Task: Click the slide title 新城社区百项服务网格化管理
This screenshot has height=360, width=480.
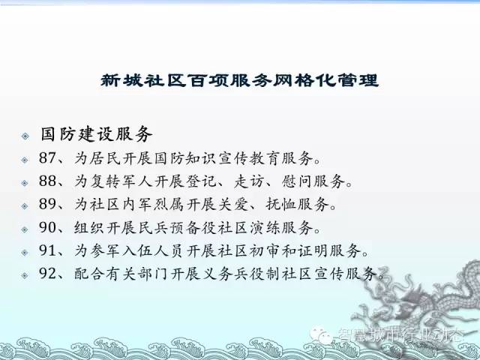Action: click(240, 80)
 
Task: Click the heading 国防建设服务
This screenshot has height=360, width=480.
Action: click(97, 134)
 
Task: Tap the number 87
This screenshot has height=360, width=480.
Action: click(47, 158)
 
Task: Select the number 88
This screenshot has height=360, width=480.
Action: click(47, 181)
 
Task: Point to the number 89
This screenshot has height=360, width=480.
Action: click(47, 204)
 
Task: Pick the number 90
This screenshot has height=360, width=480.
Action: click(47, 227)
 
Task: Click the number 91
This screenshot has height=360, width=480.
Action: click(47, 250)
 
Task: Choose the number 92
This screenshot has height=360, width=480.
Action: click(47, 273)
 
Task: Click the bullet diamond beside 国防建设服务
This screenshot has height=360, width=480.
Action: click(25, 136)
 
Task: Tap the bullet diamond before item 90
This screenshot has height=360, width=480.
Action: click(25, 229)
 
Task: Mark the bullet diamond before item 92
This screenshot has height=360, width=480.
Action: click(25, 275)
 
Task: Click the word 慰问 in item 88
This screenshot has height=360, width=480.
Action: click(296, 181)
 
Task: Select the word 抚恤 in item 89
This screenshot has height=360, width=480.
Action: click(280, 204)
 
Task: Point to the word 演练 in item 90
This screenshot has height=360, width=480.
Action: click(265, 227)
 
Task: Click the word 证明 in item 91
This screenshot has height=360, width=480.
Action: click(312, 250)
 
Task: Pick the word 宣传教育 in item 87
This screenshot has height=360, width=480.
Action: click(248, 158)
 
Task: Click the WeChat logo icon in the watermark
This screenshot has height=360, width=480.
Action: click(321, 334)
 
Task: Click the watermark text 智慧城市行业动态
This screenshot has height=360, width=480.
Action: click(400, 335)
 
